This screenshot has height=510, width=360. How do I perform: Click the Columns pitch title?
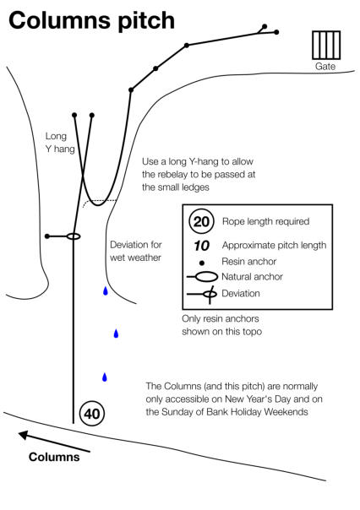[x=91, y=21]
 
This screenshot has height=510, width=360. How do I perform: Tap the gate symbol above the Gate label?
[x=326, y=46]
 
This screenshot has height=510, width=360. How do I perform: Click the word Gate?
[x=325, y=67]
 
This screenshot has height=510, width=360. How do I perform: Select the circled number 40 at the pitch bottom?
[x=92, y=414]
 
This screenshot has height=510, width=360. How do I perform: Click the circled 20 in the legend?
[x=201, y=221]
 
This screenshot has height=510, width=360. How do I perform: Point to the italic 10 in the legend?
[x=201, y=246]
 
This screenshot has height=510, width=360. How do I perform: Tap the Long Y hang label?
[x=60, y=143]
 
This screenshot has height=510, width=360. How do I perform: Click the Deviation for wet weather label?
[x=136, y=251]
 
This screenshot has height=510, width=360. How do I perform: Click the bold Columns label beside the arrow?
[x=54, y=457]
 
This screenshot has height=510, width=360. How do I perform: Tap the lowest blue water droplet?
[x=105, y=377]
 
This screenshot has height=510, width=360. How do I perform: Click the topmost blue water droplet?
[x=106, y=290]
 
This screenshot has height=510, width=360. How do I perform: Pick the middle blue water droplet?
[x=116, y=334]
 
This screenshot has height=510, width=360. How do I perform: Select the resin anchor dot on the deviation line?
[x=47, y=236]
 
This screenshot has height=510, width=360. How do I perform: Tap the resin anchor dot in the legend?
[x=202, y=263]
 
